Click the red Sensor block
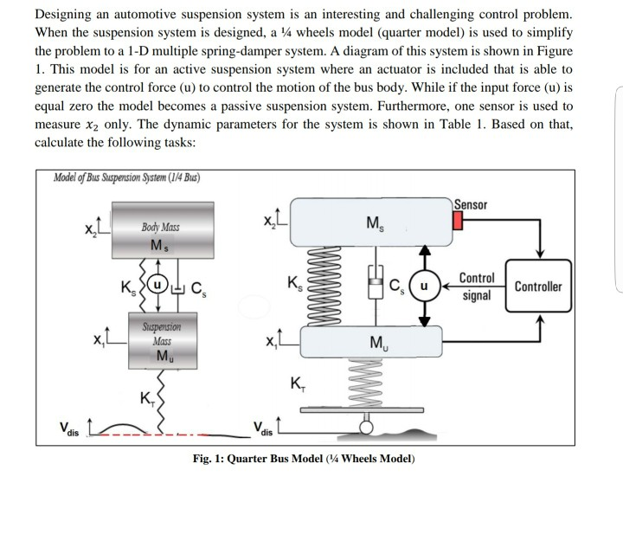tap(458, 221)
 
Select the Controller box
tap(538, 286)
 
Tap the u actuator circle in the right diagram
tap(425, 286)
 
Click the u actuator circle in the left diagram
tap(157, 285)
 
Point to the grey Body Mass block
tap(163, 230)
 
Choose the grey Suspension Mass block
tap(163, 341)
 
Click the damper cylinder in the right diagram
tap(376, 282)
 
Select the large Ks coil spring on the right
tap(322, 286)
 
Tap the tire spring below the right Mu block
tap(365, 383)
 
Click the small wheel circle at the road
tap(366, 428)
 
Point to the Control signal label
tap(477, 287)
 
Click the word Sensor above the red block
tap(471, 204)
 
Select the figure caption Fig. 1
tap(304, 459)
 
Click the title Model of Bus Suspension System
tap(126, 177)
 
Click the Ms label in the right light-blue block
tap(375, 223)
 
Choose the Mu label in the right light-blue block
tap(379, 343)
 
